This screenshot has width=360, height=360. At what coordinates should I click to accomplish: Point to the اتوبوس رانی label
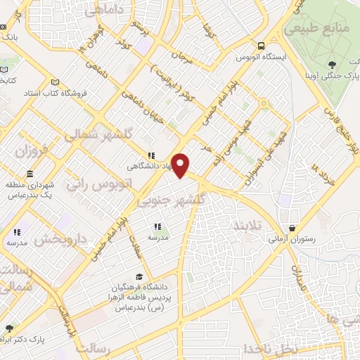[96, 184]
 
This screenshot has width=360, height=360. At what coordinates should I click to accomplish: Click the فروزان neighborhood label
[32, 151]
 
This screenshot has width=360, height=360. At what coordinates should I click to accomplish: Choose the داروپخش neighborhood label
[59, 240]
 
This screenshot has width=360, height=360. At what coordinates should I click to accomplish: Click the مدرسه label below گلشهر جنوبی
[157, 238]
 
